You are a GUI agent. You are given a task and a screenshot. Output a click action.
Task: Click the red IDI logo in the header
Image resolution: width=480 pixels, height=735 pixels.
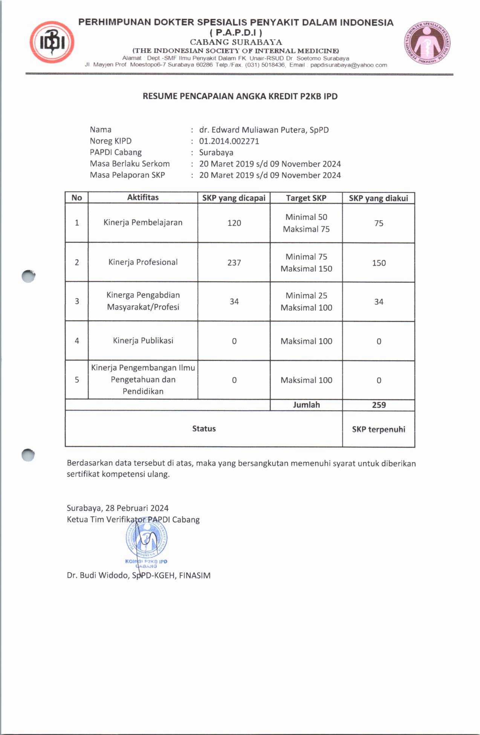tap(52, 42)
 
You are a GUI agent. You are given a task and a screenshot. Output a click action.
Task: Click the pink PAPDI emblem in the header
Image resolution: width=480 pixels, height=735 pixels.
tap(427, 42)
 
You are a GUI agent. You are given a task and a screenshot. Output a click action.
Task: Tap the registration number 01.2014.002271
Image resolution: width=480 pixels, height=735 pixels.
tap(229, 141)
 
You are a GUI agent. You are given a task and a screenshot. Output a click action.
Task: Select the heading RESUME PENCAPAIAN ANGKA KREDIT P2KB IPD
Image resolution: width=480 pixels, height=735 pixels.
tap(240, 96)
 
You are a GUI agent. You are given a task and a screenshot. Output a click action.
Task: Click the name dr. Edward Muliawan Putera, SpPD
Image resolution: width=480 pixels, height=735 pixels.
tap(264, 130)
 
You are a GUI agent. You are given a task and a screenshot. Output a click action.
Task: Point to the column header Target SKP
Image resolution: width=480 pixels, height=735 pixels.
tap(306, 198)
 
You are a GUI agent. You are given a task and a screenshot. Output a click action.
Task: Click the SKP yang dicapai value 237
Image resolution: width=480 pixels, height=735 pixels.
tap(234, 262)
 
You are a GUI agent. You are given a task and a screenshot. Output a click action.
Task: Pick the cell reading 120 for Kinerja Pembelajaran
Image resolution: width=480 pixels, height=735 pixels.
tap(234, 223)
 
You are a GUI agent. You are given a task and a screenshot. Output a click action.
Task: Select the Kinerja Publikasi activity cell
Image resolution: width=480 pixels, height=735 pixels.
tap(143, 341)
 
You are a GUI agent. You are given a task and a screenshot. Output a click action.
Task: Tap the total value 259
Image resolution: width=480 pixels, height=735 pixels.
tap(379, 405)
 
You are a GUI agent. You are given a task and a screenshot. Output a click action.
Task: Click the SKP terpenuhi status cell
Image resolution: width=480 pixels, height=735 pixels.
tap(379, 429)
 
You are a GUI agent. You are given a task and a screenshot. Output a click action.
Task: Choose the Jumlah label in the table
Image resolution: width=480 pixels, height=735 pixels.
tap(306, 405)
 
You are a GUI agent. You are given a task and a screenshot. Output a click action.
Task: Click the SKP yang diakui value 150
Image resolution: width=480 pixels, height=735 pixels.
tap(379, 263)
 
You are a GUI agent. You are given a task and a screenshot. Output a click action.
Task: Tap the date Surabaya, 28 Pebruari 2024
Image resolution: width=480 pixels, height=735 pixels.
tap(118, 508)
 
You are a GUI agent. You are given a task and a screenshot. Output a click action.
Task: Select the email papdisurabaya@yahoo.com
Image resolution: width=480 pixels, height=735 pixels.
tap(349, 65)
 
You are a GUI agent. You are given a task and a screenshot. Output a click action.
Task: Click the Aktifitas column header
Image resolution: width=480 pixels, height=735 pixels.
tap(143, 198)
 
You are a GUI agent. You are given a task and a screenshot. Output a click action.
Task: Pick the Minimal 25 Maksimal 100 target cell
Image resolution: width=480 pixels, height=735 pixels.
tap(306, 302)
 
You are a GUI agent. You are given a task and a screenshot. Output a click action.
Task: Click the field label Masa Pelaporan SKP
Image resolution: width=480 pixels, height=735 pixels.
tap(127, 175)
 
